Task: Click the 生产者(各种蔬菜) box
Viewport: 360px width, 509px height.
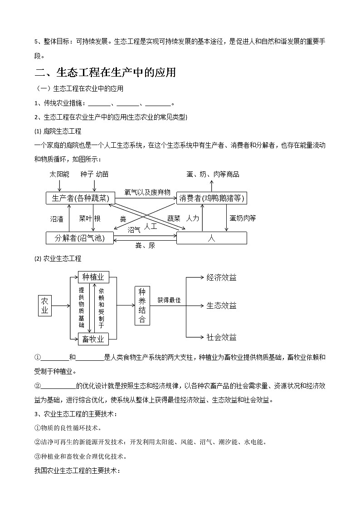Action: tap(80, 198)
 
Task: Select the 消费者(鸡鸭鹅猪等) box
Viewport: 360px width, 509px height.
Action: tap(212, 198)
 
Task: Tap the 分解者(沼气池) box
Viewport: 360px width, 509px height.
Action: tap(80, 238)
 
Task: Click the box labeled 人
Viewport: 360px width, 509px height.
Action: tap(211, 238)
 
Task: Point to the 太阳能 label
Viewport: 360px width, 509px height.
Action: tap(59, 174)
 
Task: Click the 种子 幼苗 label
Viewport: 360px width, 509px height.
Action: tap(94, 174)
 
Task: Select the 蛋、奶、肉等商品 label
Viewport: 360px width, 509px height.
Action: tap(213, 174)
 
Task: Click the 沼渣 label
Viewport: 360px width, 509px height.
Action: tap(57, 218)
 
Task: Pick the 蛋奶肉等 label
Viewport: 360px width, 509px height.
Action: tap(243, 218)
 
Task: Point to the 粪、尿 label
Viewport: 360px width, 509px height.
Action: tap(145, 245)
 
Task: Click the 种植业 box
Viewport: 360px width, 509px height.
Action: tap(93, 277)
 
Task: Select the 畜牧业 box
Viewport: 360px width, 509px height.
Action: tap(93, 339)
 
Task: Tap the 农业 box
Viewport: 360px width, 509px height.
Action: tap(44, 305)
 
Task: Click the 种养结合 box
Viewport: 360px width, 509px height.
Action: tap(142, 305)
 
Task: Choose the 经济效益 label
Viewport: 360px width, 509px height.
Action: tap(221, 277)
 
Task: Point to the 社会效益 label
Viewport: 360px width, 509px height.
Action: tap(221, 337)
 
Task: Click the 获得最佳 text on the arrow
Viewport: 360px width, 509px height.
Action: tap(169, 300)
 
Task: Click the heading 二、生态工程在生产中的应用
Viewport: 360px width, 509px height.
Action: tap(105, 72)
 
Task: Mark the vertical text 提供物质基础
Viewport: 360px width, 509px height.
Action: tap(82, 308)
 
